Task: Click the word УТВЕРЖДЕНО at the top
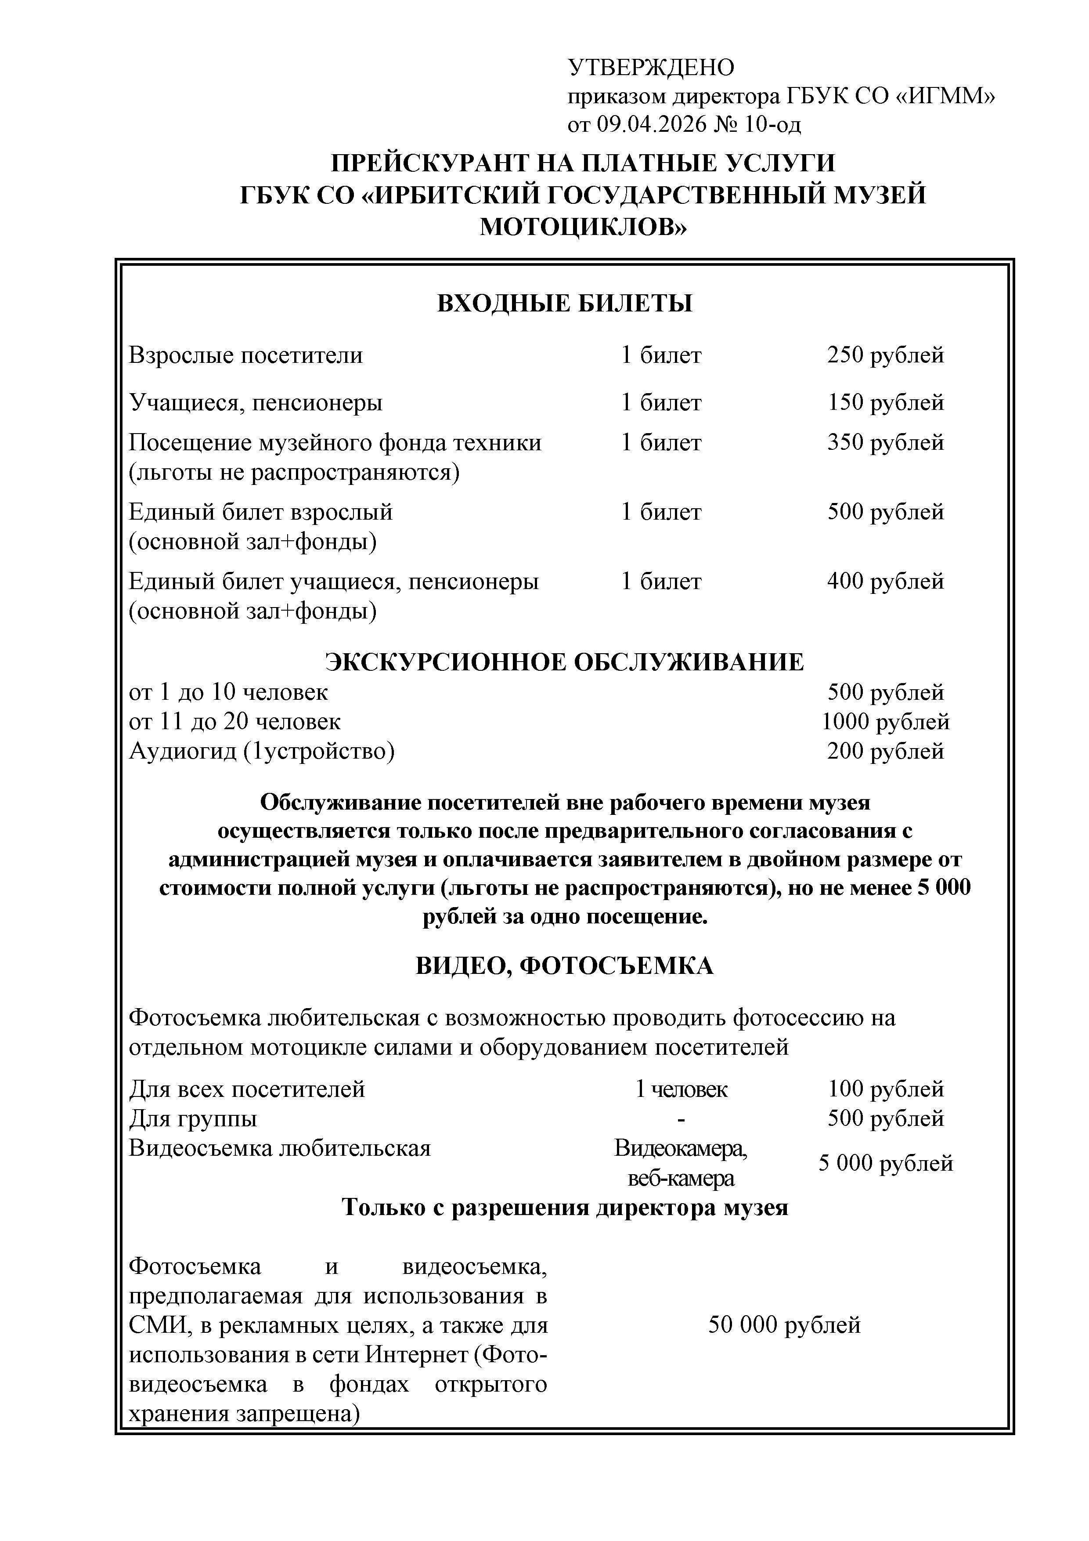651,68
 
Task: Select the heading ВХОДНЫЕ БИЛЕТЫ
564,304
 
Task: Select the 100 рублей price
885,1088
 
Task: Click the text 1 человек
681,1089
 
